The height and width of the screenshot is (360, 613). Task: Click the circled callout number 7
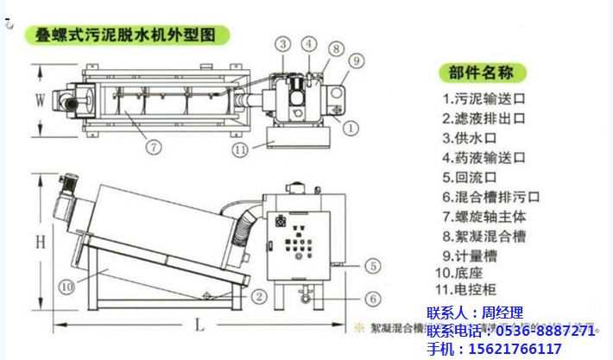(x=153, y=147)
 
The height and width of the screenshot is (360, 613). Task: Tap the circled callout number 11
(x=242, y=150)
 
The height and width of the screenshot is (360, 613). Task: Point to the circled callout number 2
(x=258, y=295)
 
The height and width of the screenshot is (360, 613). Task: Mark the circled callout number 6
(x=372, y=299)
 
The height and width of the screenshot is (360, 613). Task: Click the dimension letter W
(x=39, y=99)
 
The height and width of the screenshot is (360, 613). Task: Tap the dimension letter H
(x=40, y=243)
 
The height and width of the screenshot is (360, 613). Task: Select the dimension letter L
(x=199, y=326)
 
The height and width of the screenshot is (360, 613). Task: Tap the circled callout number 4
(x=308, y=44)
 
